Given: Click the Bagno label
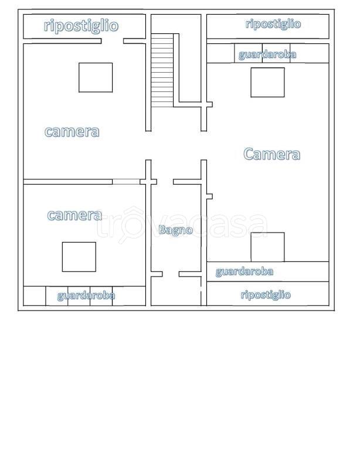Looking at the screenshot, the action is click(175, 230).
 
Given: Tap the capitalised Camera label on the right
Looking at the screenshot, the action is click(271, 154).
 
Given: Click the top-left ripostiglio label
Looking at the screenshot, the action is click(81, 26).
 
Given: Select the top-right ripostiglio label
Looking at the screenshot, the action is click(273, 24).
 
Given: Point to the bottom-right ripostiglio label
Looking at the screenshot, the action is click(266, 295).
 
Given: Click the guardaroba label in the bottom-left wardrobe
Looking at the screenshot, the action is click(86, 295).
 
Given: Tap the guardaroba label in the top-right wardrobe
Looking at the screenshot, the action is click(267, 54).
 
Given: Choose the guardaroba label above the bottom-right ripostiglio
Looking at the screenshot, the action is click(244, 272).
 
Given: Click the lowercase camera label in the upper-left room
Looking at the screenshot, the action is click(72, 132).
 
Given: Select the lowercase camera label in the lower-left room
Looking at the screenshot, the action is click(74, 215).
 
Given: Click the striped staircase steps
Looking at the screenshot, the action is click(162, 70).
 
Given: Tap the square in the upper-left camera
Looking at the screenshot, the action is click(96, 77).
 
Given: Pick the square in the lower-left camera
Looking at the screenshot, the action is click(79, 257).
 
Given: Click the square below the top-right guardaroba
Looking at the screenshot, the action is click(267, 83).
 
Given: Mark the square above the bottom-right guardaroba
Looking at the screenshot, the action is click(267, 247).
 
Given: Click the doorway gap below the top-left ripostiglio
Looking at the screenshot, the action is click(112, 41).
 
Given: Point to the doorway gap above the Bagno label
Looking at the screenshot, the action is click(165, 182).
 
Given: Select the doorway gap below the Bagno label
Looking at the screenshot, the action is click(171, 274).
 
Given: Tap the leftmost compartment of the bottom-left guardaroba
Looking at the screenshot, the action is click(35, 296).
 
